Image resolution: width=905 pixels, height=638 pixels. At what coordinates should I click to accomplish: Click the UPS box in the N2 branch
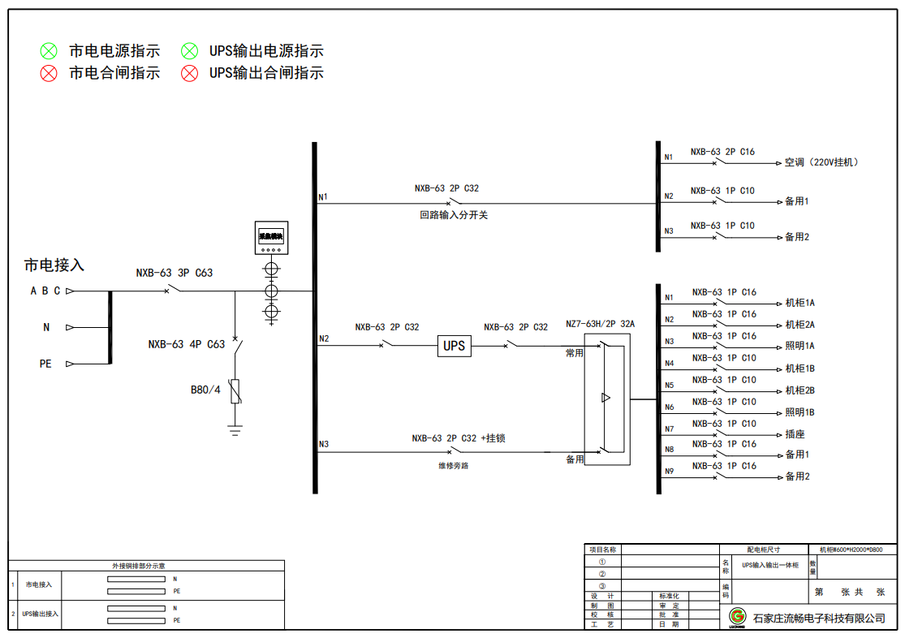455,346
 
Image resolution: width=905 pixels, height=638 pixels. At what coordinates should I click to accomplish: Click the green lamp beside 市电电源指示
50,51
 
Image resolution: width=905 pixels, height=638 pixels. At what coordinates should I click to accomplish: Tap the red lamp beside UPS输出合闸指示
189,73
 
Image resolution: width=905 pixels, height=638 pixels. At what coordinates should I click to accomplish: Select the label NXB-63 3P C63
175,273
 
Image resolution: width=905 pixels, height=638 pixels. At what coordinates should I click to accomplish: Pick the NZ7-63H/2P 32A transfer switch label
600,325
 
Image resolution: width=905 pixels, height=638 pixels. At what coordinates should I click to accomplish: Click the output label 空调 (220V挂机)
821,162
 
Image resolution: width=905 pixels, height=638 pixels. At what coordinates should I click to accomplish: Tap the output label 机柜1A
799,303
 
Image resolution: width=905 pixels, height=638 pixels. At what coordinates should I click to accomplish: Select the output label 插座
795,434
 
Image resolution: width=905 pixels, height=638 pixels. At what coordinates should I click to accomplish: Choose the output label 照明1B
799,412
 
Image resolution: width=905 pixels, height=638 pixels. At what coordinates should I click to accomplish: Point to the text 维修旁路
453,466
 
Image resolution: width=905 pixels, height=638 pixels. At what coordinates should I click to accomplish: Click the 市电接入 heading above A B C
54,265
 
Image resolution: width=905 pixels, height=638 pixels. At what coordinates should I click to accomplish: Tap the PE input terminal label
45,364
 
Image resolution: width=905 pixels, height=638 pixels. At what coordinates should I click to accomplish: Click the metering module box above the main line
272,237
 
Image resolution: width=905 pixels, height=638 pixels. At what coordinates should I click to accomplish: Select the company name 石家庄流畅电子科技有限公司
819,619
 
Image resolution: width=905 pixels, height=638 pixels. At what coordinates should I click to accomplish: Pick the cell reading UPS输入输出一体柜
770,565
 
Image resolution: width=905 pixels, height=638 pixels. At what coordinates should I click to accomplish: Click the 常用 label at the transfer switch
575,354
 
